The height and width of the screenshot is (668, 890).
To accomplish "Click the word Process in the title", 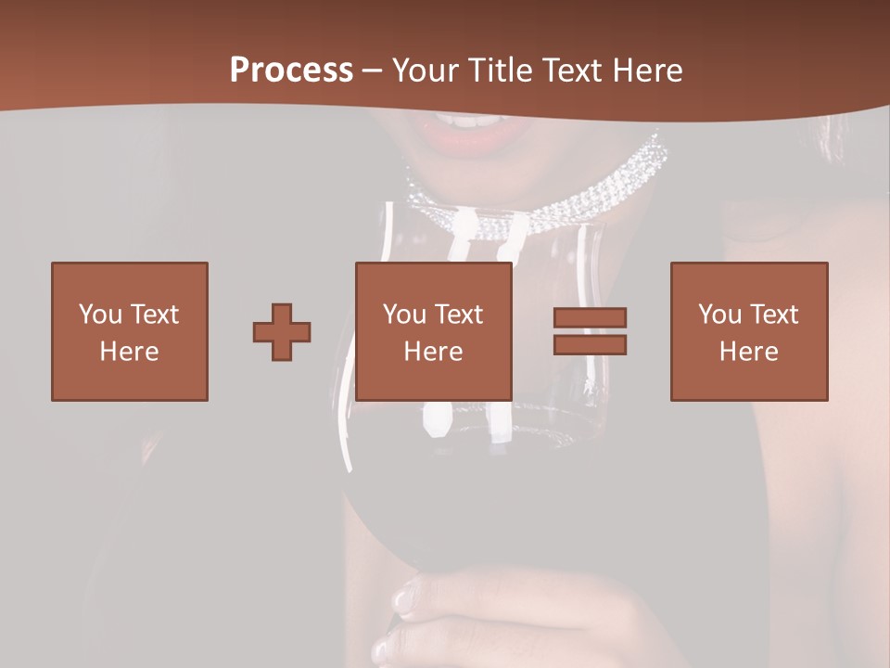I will (x=291, y=71).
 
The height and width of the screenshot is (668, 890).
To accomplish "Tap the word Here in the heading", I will (x=646, y=71).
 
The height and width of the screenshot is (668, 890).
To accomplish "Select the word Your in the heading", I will (x=424, y=71).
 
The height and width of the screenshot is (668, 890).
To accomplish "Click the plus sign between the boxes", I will (x=282, y=332).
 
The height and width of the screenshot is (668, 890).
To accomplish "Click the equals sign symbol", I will (x=590, y=331).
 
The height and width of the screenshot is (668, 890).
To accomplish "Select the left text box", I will (x=130, y=331).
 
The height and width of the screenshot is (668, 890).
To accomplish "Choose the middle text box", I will (x=434, y=331).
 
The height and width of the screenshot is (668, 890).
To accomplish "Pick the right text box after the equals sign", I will (x=749, y=331).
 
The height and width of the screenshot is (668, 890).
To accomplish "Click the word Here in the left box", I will (x=130, y=352).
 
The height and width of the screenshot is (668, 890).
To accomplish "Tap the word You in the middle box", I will (x=404, y=315).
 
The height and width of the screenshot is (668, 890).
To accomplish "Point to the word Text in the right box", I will (x=774, y=315).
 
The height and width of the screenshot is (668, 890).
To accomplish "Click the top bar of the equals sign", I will (x=590, y=317).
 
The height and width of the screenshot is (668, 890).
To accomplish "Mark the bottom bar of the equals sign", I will (x=590, y=344).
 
